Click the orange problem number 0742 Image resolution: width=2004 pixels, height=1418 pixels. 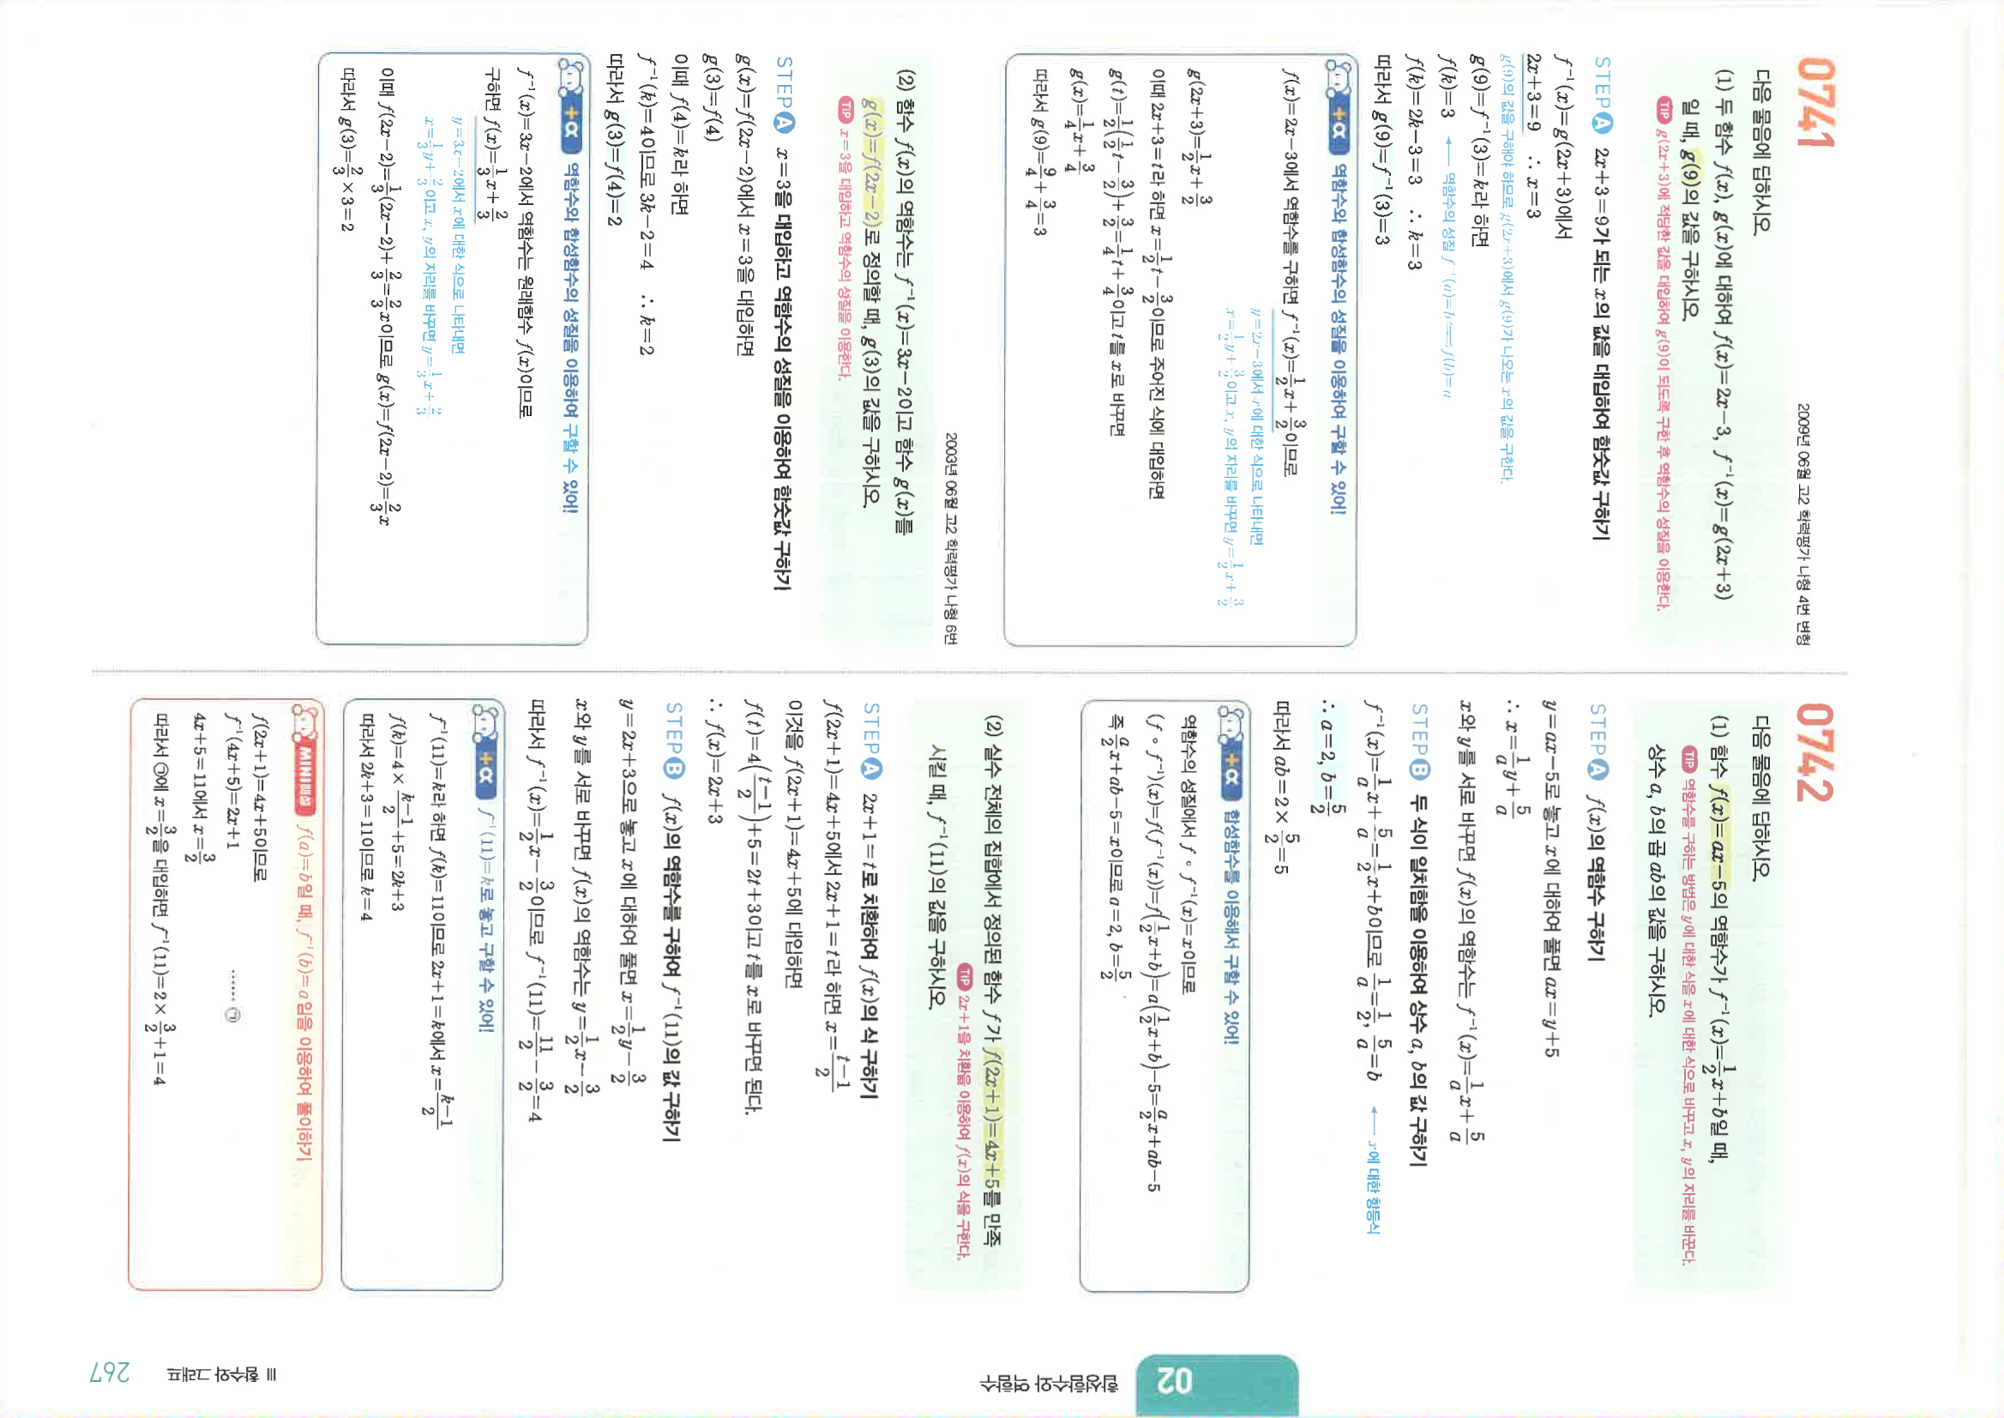pos(1814,751)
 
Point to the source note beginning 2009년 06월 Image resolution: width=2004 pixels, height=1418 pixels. pos(1803,524)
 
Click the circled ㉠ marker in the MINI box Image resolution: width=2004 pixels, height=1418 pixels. pos(232,1015)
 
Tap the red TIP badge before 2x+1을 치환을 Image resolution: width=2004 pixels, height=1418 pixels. pos(966,974)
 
